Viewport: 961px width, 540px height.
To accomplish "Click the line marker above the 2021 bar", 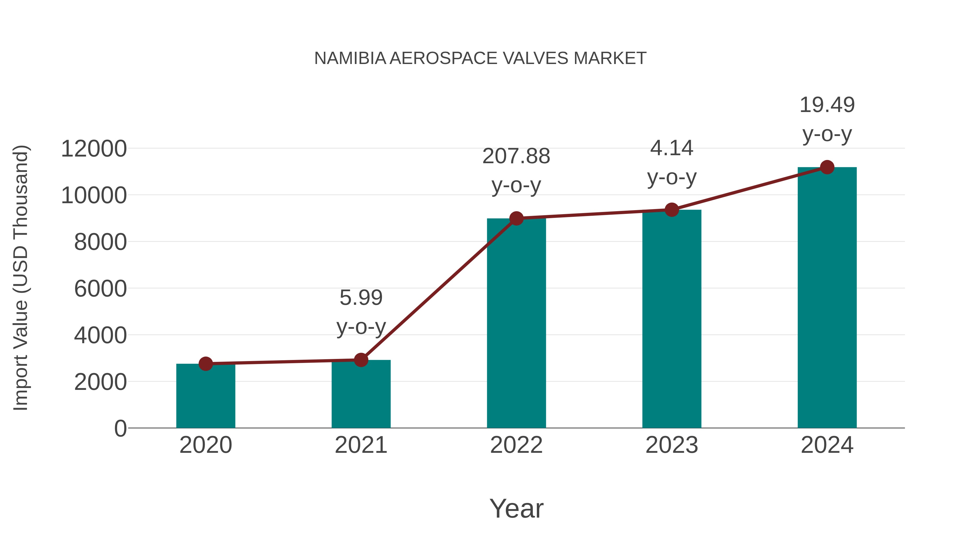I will tap(361, 360).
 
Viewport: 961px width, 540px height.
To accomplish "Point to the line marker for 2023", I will tap(672, 210).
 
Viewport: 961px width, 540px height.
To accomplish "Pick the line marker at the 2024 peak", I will tap(827, 167).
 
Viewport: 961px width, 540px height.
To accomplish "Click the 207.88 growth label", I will tap(516, 156).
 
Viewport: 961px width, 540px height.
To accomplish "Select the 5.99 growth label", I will tap(361, 298).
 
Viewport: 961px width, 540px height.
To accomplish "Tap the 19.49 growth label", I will tap(827, 105).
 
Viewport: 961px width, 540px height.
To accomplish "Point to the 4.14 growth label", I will tap(672, 148).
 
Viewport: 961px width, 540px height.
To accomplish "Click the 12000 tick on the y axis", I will tap(94, 149).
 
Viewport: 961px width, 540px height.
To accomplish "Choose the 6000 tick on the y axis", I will tap(100, 289).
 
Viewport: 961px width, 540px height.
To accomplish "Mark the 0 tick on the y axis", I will tap(120, 429).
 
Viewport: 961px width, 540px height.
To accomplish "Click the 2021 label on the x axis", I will tap(361, 445).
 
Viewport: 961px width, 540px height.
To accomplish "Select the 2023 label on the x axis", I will tap(672, 445).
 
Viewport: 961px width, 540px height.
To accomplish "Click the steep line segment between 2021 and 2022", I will tap(439, 289).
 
